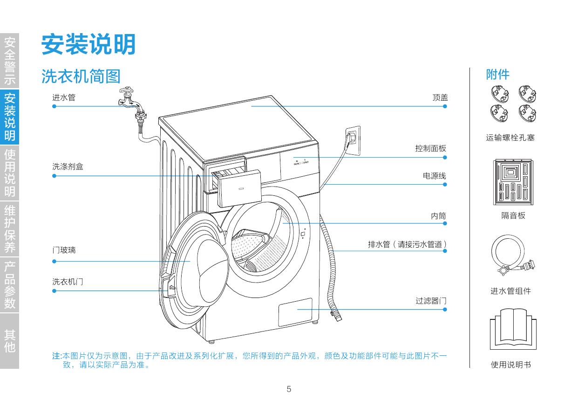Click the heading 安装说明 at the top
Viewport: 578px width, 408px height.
[88, 45]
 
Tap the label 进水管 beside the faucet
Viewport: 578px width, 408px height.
[64, 97]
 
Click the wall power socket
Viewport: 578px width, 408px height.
[353, 139]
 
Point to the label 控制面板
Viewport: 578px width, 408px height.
[430, 148]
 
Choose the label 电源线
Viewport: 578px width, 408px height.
[434, 176]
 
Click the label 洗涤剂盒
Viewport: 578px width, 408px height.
[68, 166]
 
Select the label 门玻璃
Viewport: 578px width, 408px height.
[64, 250]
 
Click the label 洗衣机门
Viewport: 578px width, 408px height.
[68, 282]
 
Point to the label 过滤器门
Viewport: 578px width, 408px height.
[431, 301]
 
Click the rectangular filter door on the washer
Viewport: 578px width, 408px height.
[295, 312]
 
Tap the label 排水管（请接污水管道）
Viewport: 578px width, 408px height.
[407, 244]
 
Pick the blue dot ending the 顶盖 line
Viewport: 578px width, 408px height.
[445, 106]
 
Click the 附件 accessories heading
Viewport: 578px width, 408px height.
[497, 75]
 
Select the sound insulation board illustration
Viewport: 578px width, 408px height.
[513, 182]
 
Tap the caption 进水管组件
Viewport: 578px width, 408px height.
[510, 291]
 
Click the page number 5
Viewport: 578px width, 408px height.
[289, 389]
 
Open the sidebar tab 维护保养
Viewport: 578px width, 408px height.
[9, 228]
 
